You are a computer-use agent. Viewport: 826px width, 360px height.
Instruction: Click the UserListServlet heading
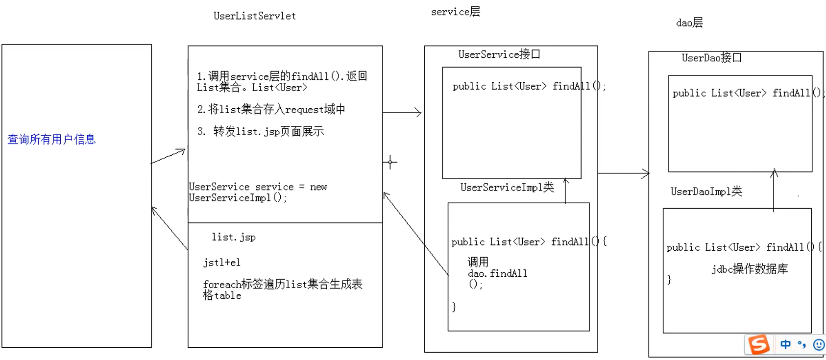pyautogui.click(x=254, y=16)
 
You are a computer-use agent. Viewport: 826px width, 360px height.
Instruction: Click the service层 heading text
pyautogui.click(x=455, y=12)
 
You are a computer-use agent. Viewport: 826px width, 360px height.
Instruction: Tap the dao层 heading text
pyautogui.click(x=689, y=23)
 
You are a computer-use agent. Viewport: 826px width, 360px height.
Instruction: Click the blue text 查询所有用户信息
pyautogui.click(x=51, y=140)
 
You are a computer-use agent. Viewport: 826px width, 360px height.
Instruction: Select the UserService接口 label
pyautogui.click(x=499, y=54)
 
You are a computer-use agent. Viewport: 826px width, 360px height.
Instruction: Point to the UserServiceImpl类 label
pyautogui.click(x=507, y=187)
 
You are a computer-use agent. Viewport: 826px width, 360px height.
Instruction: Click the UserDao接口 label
pyautogui.click(x=711, y=58)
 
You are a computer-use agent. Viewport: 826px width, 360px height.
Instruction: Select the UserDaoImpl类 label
pyautogui.click(x=706, y=192)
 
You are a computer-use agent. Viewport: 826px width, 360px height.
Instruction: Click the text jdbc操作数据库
pyautogui.click(x=750, y=269)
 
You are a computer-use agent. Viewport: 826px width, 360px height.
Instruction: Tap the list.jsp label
pyautogui.click(x=234, y=237)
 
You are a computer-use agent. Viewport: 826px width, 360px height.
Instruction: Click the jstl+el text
pyautogui.click(x=222, y=263)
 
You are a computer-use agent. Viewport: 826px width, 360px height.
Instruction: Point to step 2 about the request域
pyautogui.click(x=271, y=109)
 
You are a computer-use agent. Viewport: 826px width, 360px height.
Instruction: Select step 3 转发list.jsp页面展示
pyautogui.click(x=261, y=131)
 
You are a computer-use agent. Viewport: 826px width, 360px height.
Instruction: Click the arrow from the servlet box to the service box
pyautogui.click(x=402, y=113)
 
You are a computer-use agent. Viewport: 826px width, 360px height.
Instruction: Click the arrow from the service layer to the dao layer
pyautogui.click(x=623, y=173)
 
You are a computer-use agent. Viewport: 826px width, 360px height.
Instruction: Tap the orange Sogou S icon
pyautogui.click(x=759, y=344)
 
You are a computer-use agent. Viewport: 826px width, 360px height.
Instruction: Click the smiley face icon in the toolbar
pyautogui.click(x=819, y=345)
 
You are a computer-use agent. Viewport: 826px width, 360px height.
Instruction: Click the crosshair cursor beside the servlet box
pyautogui.click(x=390, y=162)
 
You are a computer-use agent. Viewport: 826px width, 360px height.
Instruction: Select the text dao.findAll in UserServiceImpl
pyautogui.click(x=497, y=273)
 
